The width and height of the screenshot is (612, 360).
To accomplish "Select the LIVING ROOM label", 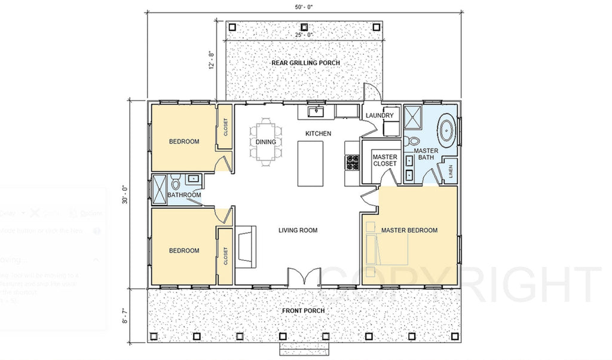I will pos(298,230).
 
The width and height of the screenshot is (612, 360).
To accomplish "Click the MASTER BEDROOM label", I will pos(409,230).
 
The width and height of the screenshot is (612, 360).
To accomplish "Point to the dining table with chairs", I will pos(266,142).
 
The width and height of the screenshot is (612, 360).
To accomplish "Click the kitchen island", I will pos(310,164).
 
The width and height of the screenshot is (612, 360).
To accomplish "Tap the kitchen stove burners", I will pos(352,163).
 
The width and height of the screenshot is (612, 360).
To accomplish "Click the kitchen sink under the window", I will pos(316,111).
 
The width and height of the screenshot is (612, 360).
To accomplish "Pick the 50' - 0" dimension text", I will pos(304,7).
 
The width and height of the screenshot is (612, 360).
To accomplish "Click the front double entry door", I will pos(304,277).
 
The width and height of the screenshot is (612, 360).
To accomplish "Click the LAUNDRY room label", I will pos(380,115).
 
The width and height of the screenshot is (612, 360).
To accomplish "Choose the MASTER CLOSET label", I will pos(384,160).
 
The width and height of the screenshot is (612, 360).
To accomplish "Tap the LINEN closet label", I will pos(451,171).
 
